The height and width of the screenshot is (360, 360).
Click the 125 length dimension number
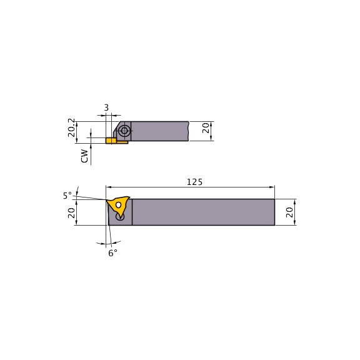[195, 182]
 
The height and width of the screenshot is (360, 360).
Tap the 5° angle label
[67, 196]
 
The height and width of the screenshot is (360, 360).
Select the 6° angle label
[112, 252]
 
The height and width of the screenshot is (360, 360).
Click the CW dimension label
[84, 156]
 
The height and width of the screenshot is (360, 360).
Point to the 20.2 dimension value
[71, 127]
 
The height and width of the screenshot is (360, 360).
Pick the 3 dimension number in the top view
[106, 107]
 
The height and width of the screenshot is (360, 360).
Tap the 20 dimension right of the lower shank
[290, 212]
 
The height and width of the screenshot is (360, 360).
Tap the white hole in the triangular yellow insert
[117, 204]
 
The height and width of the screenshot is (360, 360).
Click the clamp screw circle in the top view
[125, 131]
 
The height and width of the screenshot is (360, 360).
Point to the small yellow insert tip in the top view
[111, 141]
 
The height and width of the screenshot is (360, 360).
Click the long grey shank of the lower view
[203, 212]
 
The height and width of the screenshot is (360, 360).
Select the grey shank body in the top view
[159, 131]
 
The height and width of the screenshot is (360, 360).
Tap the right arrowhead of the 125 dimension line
[272, 187]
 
